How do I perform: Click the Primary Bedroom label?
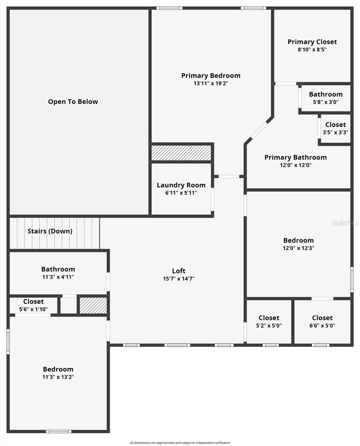tap(211, 75)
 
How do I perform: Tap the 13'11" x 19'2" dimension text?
tap(211, 84)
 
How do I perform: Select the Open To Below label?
tap(73, 101)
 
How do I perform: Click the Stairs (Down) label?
tap(50, 231)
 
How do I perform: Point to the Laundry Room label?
tap(181, 185)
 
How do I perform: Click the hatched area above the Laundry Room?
tap(181, 153)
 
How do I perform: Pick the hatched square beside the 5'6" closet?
tap(93, 305)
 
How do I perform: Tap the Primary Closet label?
tap(312, 42)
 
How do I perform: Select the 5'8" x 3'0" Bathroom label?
tap(325, 94)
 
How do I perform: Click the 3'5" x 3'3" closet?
tap(335, 128)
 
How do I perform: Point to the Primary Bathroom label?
tap(295, 157)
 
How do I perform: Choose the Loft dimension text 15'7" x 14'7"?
tap(178, 279)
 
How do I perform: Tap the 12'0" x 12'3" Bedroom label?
tap(298, 240)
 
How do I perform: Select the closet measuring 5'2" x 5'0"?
tap(269, 321)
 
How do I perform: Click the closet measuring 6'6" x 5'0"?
tap(322, 321)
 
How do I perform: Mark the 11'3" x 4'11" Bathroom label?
tap(58, 269)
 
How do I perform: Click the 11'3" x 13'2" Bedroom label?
tap(58, 369)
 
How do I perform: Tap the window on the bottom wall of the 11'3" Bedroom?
tap(58, 431)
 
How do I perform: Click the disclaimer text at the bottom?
tap(180, 443)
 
